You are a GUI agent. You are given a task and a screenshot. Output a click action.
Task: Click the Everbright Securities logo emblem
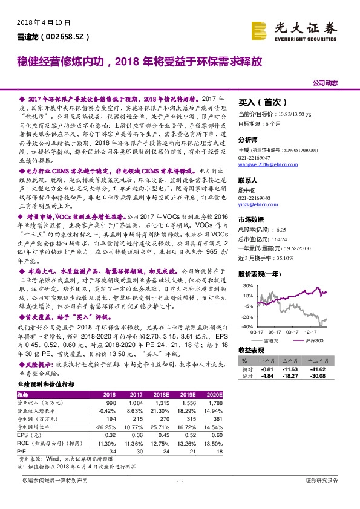pyautogui.click(x=258, y=30)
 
